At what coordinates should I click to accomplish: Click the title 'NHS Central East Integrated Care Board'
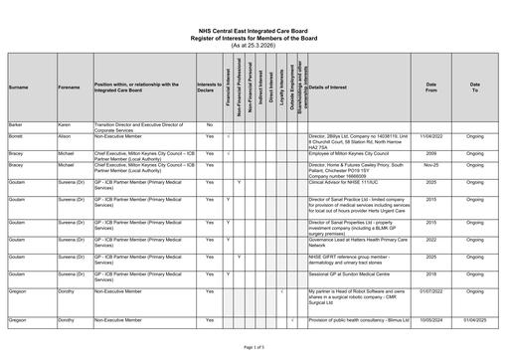[x=254, y=32]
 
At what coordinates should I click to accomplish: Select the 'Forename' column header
[x=69, y=88]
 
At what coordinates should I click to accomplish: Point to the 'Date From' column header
[x=430, y=88]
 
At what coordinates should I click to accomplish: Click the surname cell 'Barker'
[x=17, y=123]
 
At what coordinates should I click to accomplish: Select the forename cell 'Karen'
[x=65, y=123]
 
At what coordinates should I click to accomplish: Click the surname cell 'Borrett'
[x=17, y=134]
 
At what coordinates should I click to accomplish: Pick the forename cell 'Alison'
[x=66, y=134]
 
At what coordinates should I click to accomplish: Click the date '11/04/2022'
[x=430, y=134]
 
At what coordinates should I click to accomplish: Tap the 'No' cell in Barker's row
[x=210, y=123]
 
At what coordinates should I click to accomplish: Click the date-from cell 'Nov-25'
[x=430, y=165]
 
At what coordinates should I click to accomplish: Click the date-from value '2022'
[x=430, y=240]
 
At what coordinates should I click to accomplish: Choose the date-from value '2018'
[x=430, y=272]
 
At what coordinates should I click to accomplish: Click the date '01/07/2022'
[x=430, y=290]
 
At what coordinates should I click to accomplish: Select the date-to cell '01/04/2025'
[x=475, y=320]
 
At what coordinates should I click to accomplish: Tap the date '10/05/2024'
[x=430, y=320]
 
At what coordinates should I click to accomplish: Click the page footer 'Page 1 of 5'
[x=254, y=346]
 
